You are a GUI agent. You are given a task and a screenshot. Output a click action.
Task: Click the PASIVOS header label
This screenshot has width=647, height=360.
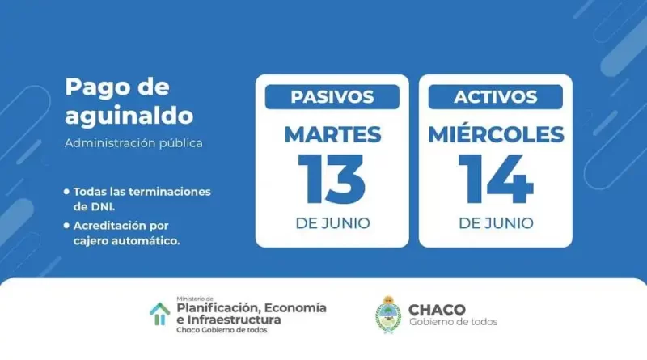coord(332,97)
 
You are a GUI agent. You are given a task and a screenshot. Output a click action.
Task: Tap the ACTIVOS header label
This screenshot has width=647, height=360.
coord(496,97)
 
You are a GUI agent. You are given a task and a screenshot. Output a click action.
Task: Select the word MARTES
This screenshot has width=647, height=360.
coord(332,134)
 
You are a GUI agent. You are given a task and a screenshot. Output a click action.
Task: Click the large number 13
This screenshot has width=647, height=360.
coord(332,179)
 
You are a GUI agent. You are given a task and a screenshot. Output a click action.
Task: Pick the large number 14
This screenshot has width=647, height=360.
coord(496,179)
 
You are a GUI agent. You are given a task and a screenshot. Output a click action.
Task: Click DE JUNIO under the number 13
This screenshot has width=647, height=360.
coord(332,223)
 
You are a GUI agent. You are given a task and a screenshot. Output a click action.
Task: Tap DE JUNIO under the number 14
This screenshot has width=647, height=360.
coord(496,223)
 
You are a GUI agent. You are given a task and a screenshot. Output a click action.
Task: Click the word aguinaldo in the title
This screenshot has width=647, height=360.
coord(129,116)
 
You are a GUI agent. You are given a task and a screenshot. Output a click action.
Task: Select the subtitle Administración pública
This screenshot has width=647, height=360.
coord(133,143)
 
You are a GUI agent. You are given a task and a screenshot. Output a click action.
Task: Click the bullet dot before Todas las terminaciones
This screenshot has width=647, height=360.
coord(66,192)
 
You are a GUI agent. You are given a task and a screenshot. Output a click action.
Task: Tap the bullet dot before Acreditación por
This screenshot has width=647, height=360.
coord(66,226)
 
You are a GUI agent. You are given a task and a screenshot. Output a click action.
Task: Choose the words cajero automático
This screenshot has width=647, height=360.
coord(127,241)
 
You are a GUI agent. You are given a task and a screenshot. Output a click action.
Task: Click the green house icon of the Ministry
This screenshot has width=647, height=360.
coord(159,314)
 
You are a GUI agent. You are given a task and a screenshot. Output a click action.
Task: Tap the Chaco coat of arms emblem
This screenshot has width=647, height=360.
coord(388,315)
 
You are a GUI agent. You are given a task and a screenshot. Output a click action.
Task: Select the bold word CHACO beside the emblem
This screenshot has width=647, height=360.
coord(437,310)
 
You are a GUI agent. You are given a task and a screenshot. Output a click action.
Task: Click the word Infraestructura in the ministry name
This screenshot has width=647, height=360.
coord(234,320)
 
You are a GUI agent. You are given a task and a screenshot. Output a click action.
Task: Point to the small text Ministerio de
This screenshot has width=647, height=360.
coord(195,299)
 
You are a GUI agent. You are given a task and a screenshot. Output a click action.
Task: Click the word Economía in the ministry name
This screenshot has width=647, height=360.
coord(295,308)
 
